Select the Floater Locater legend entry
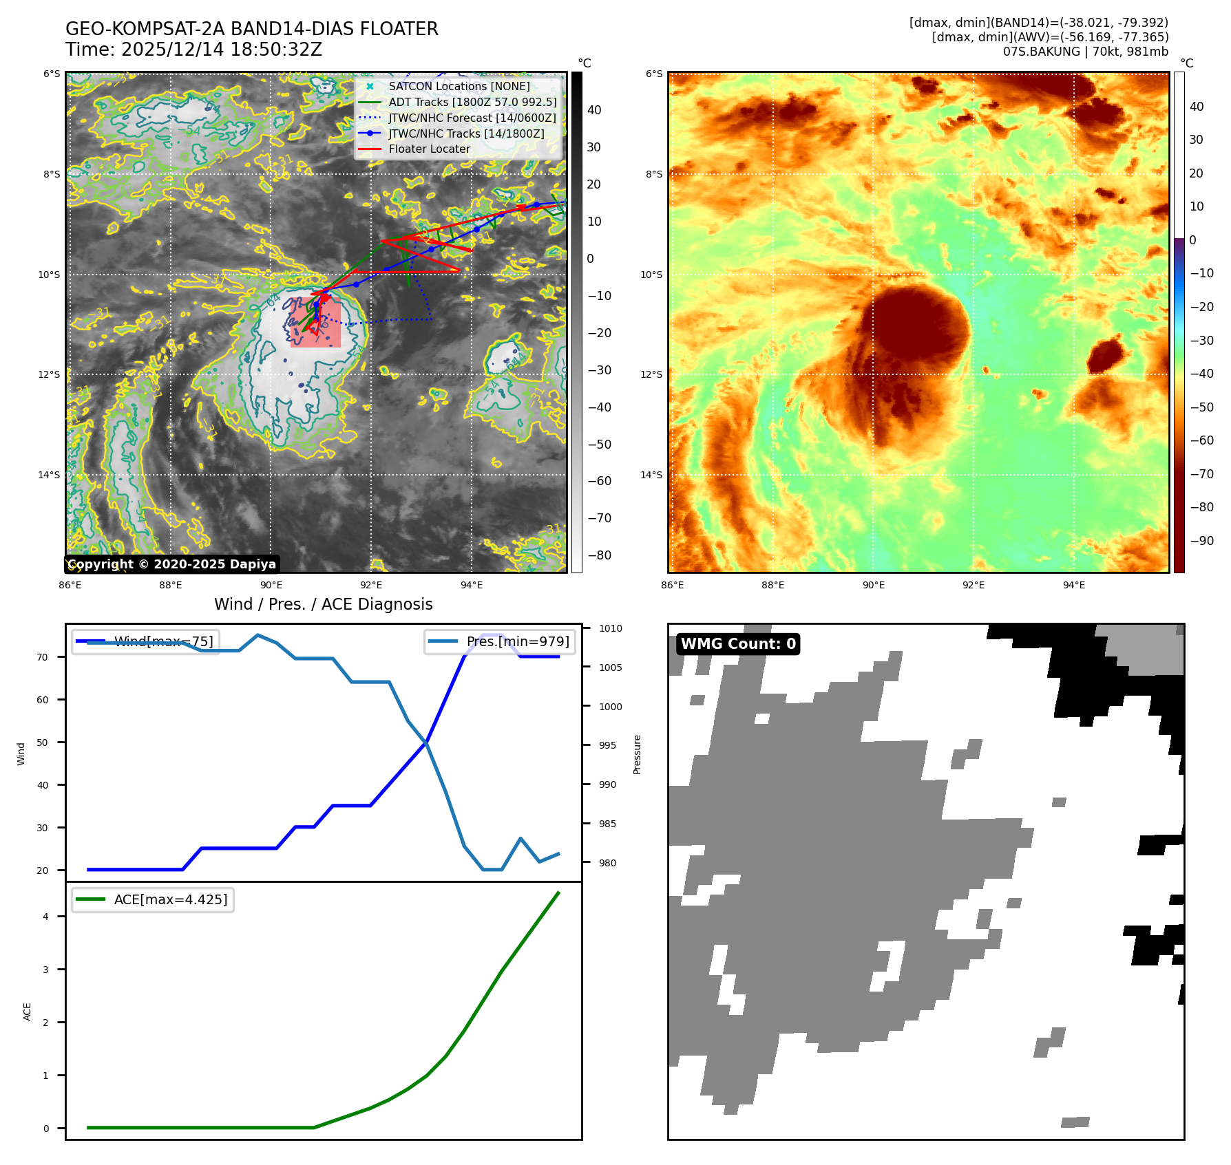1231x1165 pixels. pyautogui.click(x=429, y=149)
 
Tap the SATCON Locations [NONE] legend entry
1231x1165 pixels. pyautogui.click(x=459, y=87)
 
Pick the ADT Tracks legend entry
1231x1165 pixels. pyautogui.click(x=472, y=103)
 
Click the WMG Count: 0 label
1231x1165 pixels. pyautogui.click(x=738, y=644)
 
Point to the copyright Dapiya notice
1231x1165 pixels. pyautogui.click(x=172, y=564)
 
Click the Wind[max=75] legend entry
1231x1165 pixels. pyautogui.click(x=163, y=642)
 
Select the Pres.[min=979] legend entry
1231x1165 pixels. pyautogui.click(x=517, y=642)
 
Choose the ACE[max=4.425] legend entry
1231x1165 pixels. pyautogui.click(x=170, y=900)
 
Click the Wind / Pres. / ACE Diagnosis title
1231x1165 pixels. pyautogui.click(x=324, y=604)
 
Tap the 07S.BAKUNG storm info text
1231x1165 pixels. pyautogui.click(x=1085, y=52)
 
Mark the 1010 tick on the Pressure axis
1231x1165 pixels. pyautogui.click(x=610, y=628)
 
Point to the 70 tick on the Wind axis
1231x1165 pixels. pyautogui.click(x=43, y=657)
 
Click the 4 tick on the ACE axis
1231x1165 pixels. pyautogui.click(x=46, y=917)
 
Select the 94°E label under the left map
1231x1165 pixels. pyautogui.click(x=472, y=586)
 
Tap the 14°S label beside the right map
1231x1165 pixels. pyautogui.click(x=651, y=475)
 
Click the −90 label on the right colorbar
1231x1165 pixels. pyautogui.click(x=1202, y=541)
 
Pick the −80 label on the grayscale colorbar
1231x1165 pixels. pyautogui.click(x=599, y=555)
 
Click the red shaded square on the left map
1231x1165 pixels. pyautogui.click(x=315, y=322)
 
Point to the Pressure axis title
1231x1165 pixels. pyautogui.click(x=638, y=754)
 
